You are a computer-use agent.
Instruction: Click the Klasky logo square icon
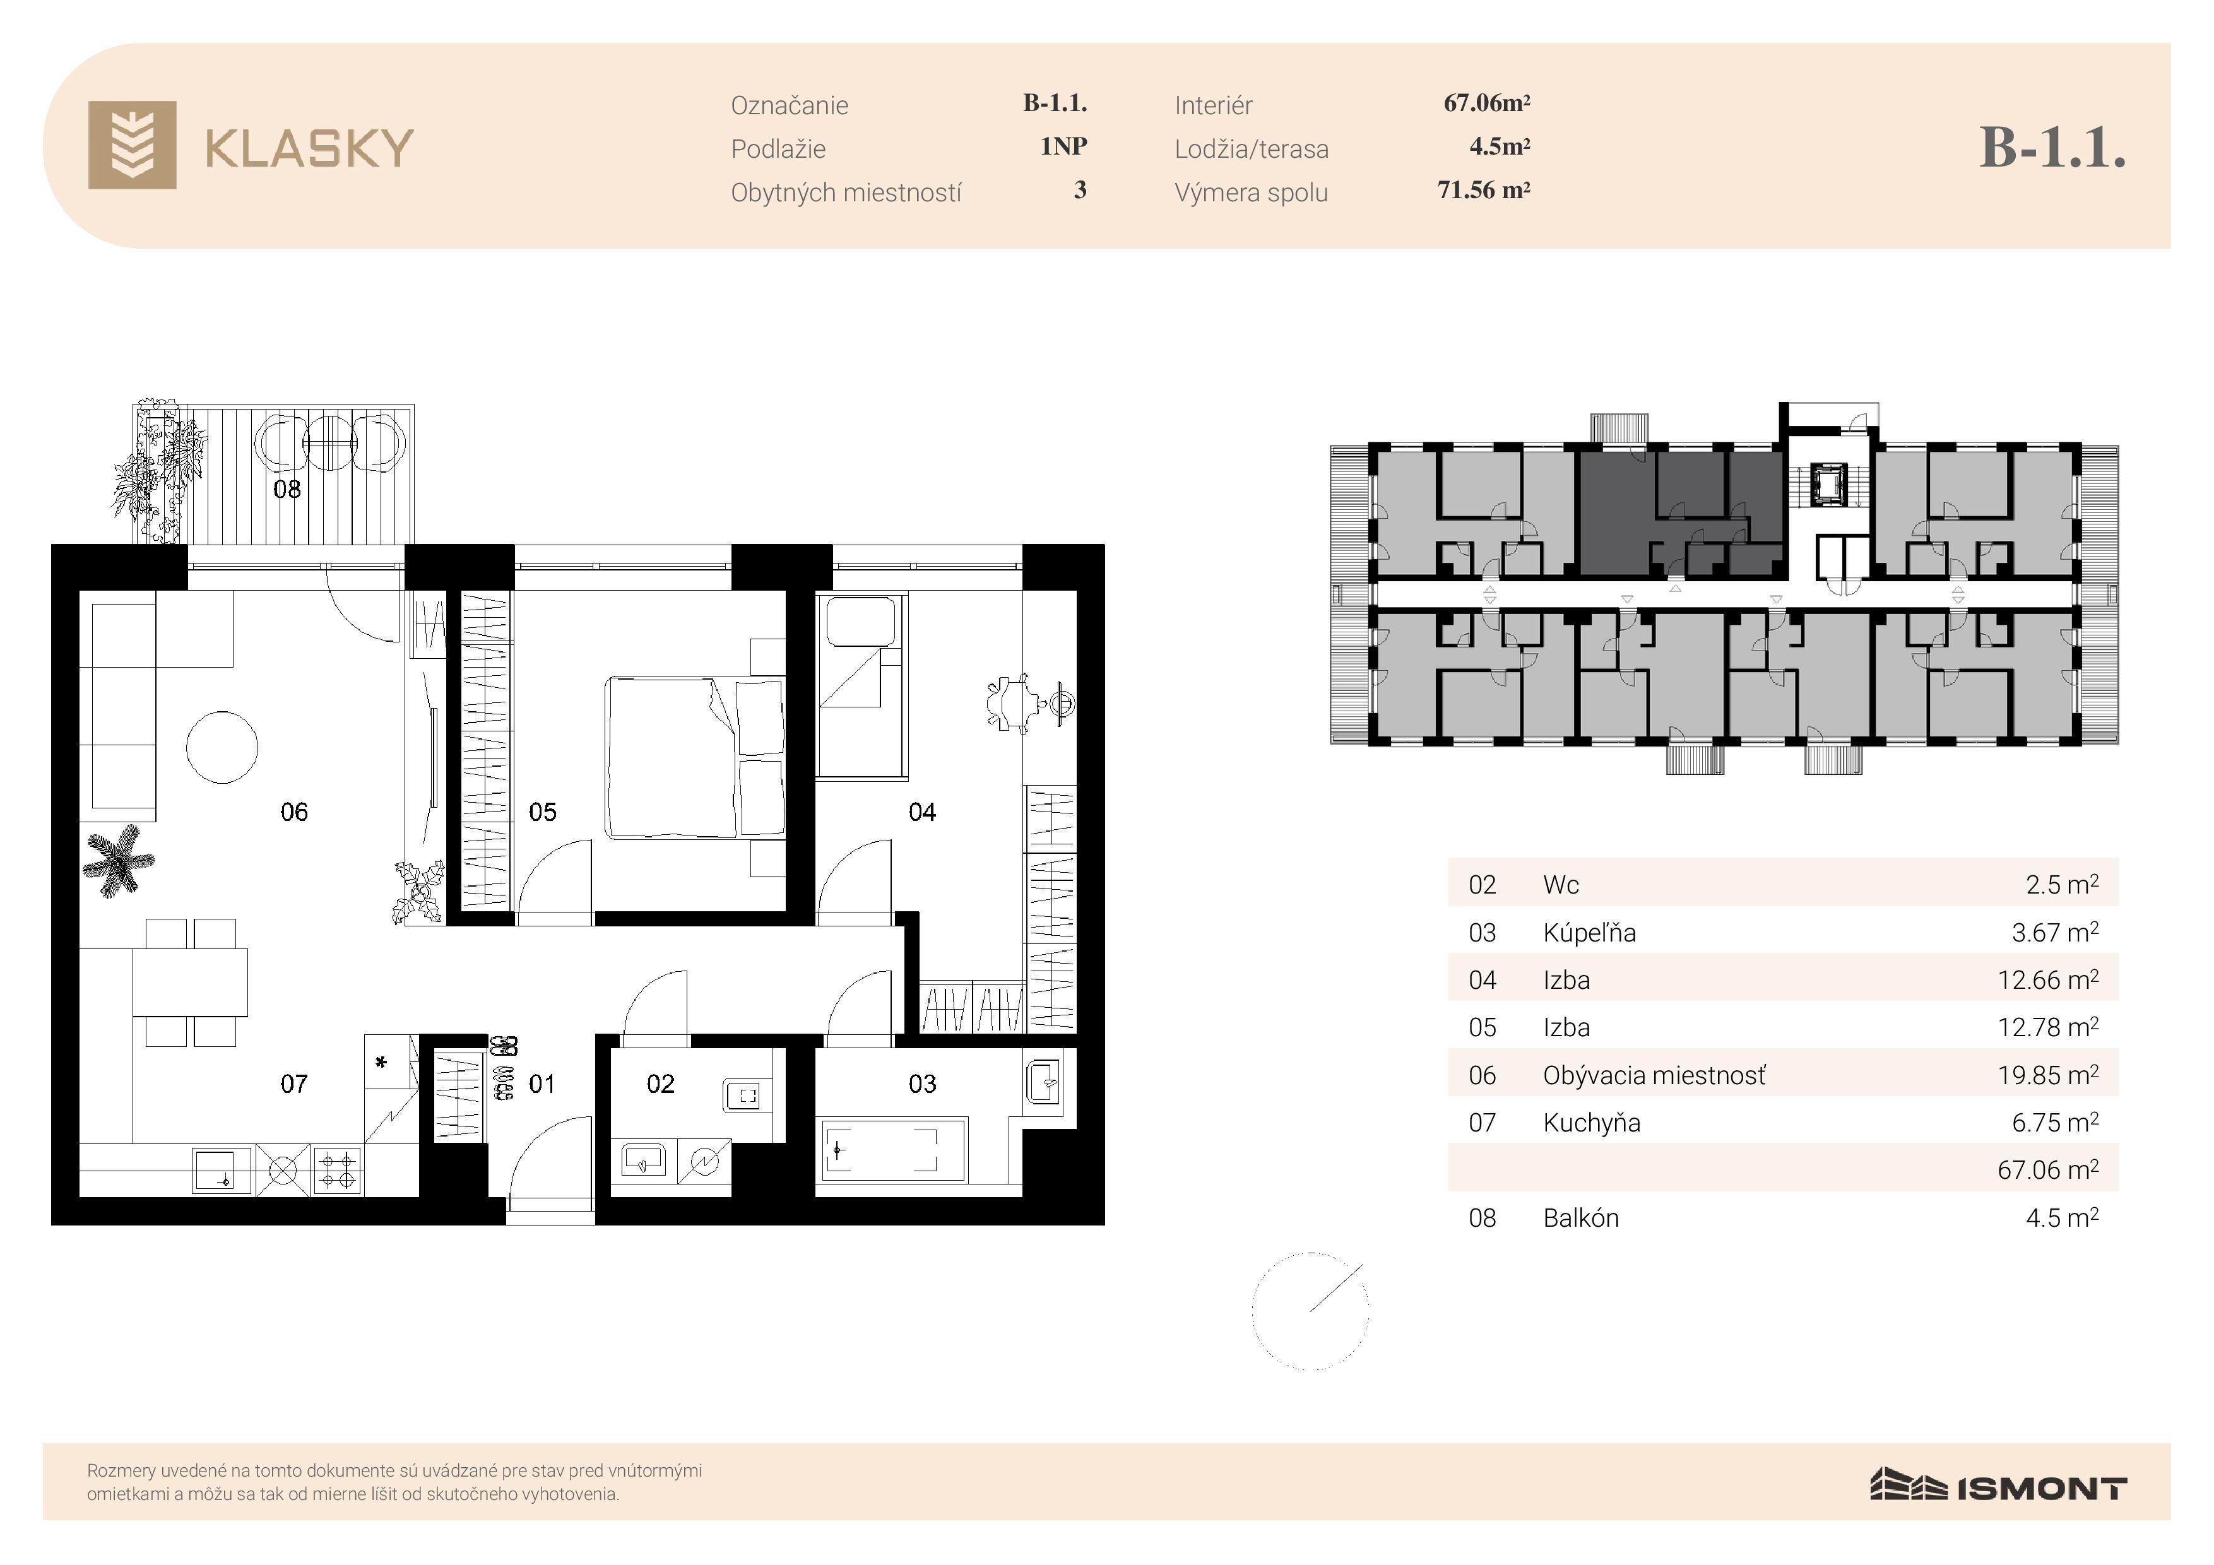point(132,145)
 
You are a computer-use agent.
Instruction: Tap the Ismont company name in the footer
point(2042,1489)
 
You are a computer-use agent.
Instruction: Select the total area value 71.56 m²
point(1484,190)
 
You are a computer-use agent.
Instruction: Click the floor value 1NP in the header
point(1063,146)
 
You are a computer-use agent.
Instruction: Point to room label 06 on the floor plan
point(294,812)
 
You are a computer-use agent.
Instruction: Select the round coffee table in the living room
point(222,747)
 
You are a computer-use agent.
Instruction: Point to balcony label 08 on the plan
point(287,489)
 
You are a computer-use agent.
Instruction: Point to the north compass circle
point(1310,1311)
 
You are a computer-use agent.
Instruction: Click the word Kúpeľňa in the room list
point(1589,933)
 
